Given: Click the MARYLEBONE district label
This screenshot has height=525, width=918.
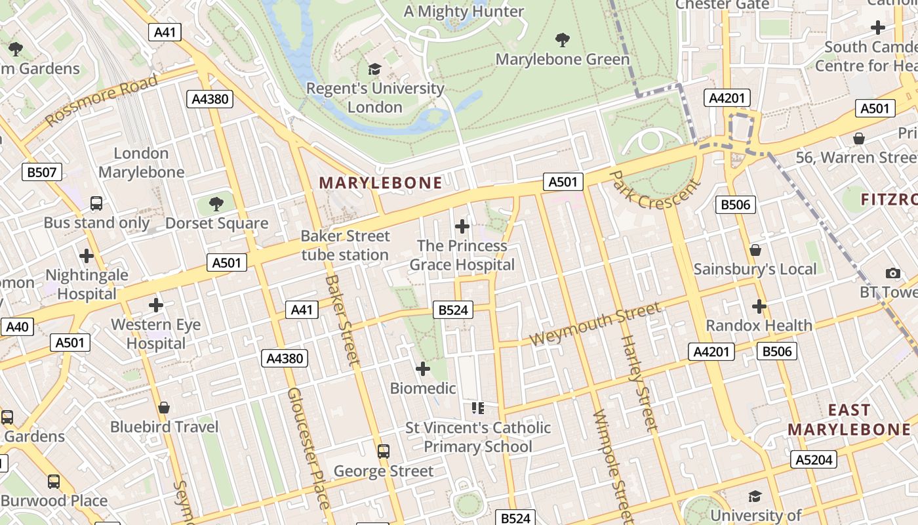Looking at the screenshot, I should tap(380, 182).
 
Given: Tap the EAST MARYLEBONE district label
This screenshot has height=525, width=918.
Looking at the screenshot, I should tap(849, 420).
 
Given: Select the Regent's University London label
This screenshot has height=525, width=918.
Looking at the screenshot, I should tap(375, 97).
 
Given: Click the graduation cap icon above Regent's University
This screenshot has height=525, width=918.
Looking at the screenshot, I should tap(374, 69).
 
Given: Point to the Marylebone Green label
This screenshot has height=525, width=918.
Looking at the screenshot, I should tap(562, 59).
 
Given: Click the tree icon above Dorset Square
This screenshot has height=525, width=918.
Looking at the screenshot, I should tap(216, 204).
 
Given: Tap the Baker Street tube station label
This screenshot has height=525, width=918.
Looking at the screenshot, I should tap(345, 245).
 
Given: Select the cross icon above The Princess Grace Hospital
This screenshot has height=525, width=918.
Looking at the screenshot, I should tap(462, 226).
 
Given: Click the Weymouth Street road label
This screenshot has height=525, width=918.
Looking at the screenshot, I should tap(595, 324).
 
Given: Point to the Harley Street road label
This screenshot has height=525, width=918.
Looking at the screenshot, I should tap(639, 383).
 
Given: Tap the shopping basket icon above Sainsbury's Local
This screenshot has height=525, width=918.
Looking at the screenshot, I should tap(755, 250).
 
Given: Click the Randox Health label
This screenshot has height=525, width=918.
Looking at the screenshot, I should tap(759, 325).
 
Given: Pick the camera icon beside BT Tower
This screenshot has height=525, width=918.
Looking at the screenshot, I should tap(892, 273).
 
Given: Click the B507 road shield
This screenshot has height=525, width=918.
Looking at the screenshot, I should tap(43, 173).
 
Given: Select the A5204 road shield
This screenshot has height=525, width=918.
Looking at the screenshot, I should tap(813, 460).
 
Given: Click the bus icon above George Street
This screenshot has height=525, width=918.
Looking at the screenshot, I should tap(384, 451).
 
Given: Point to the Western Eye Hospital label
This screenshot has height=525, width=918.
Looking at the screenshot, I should tap(156, 333).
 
